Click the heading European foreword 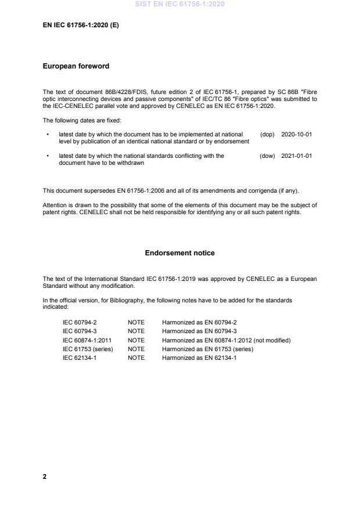coord(76,66)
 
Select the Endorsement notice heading coord(179,253)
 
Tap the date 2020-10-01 coord(297,134)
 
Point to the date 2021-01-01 coord(297,156)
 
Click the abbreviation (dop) coord(267,134)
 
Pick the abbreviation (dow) coord(267,156)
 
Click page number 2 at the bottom coord(45,476)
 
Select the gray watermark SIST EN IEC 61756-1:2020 coord(179,4)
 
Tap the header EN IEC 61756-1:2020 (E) coord(81,25)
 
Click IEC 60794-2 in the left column coord(80,322)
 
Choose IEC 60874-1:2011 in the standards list coord(87,340)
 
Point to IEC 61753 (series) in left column coord(88,349)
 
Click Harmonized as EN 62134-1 coord(199,358)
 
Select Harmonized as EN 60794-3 coord(199,331)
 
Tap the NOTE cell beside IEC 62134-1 coord(136,358)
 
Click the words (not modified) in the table coord(270,340)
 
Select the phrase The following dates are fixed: coord(82,120)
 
